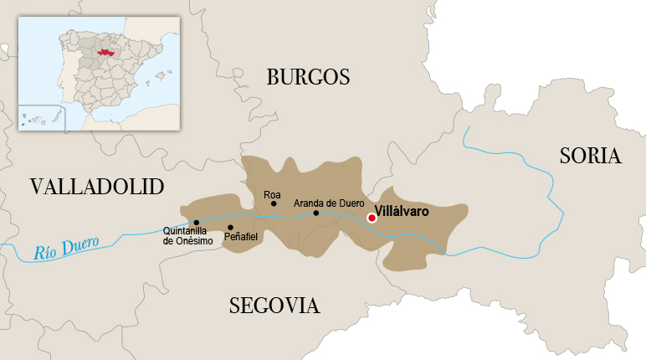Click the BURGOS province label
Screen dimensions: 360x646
click(x=307, y=78)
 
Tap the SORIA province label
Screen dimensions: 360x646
click(x=591, y=156)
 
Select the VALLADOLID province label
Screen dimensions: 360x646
click(x=97, y=186)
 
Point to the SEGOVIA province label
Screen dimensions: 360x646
click(x=274, y=306)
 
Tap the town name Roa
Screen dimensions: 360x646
click(x=272, y=194)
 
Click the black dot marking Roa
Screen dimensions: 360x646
click(x=274, y=203)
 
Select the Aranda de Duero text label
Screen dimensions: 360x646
click(x=329, y=203)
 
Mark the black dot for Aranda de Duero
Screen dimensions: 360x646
click(x=315, y=213)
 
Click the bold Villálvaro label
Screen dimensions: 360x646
click(x=402, y=212)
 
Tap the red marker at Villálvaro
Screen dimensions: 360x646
click(x=372, y=218)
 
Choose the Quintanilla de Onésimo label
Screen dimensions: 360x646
click(x=188, y=236)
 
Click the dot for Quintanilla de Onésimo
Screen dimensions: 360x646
click(x=196, y=223)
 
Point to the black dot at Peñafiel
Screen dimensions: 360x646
click(x=230, y=227)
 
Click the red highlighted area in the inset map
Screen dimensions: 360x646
click(x=105, y=52)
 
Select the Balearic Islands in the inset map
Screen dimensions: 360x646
click(x=157, y=77)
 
